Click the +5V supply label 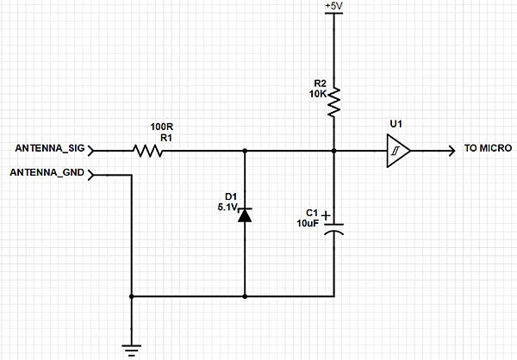click(x=333, y=6)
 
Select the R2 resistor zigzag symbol click(x=333, y=101)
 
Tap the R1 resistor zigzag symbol click(x=147, y=151)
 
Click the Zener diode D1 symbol click(x=246, y=214)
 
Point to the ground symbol click(x=131, y=349)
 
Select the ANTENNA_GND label click(x=47, y=173)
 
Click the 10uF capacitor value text click(x=308, y=224)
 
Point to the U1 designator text click(x=396, y=124)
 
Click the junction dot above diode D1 click(x=246, y=151)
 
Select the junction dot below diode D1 click(x=246, y=296)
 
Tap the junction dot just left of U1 click(x=333, y=151)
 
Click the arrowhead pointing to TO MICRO click(x=451, y=151)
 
